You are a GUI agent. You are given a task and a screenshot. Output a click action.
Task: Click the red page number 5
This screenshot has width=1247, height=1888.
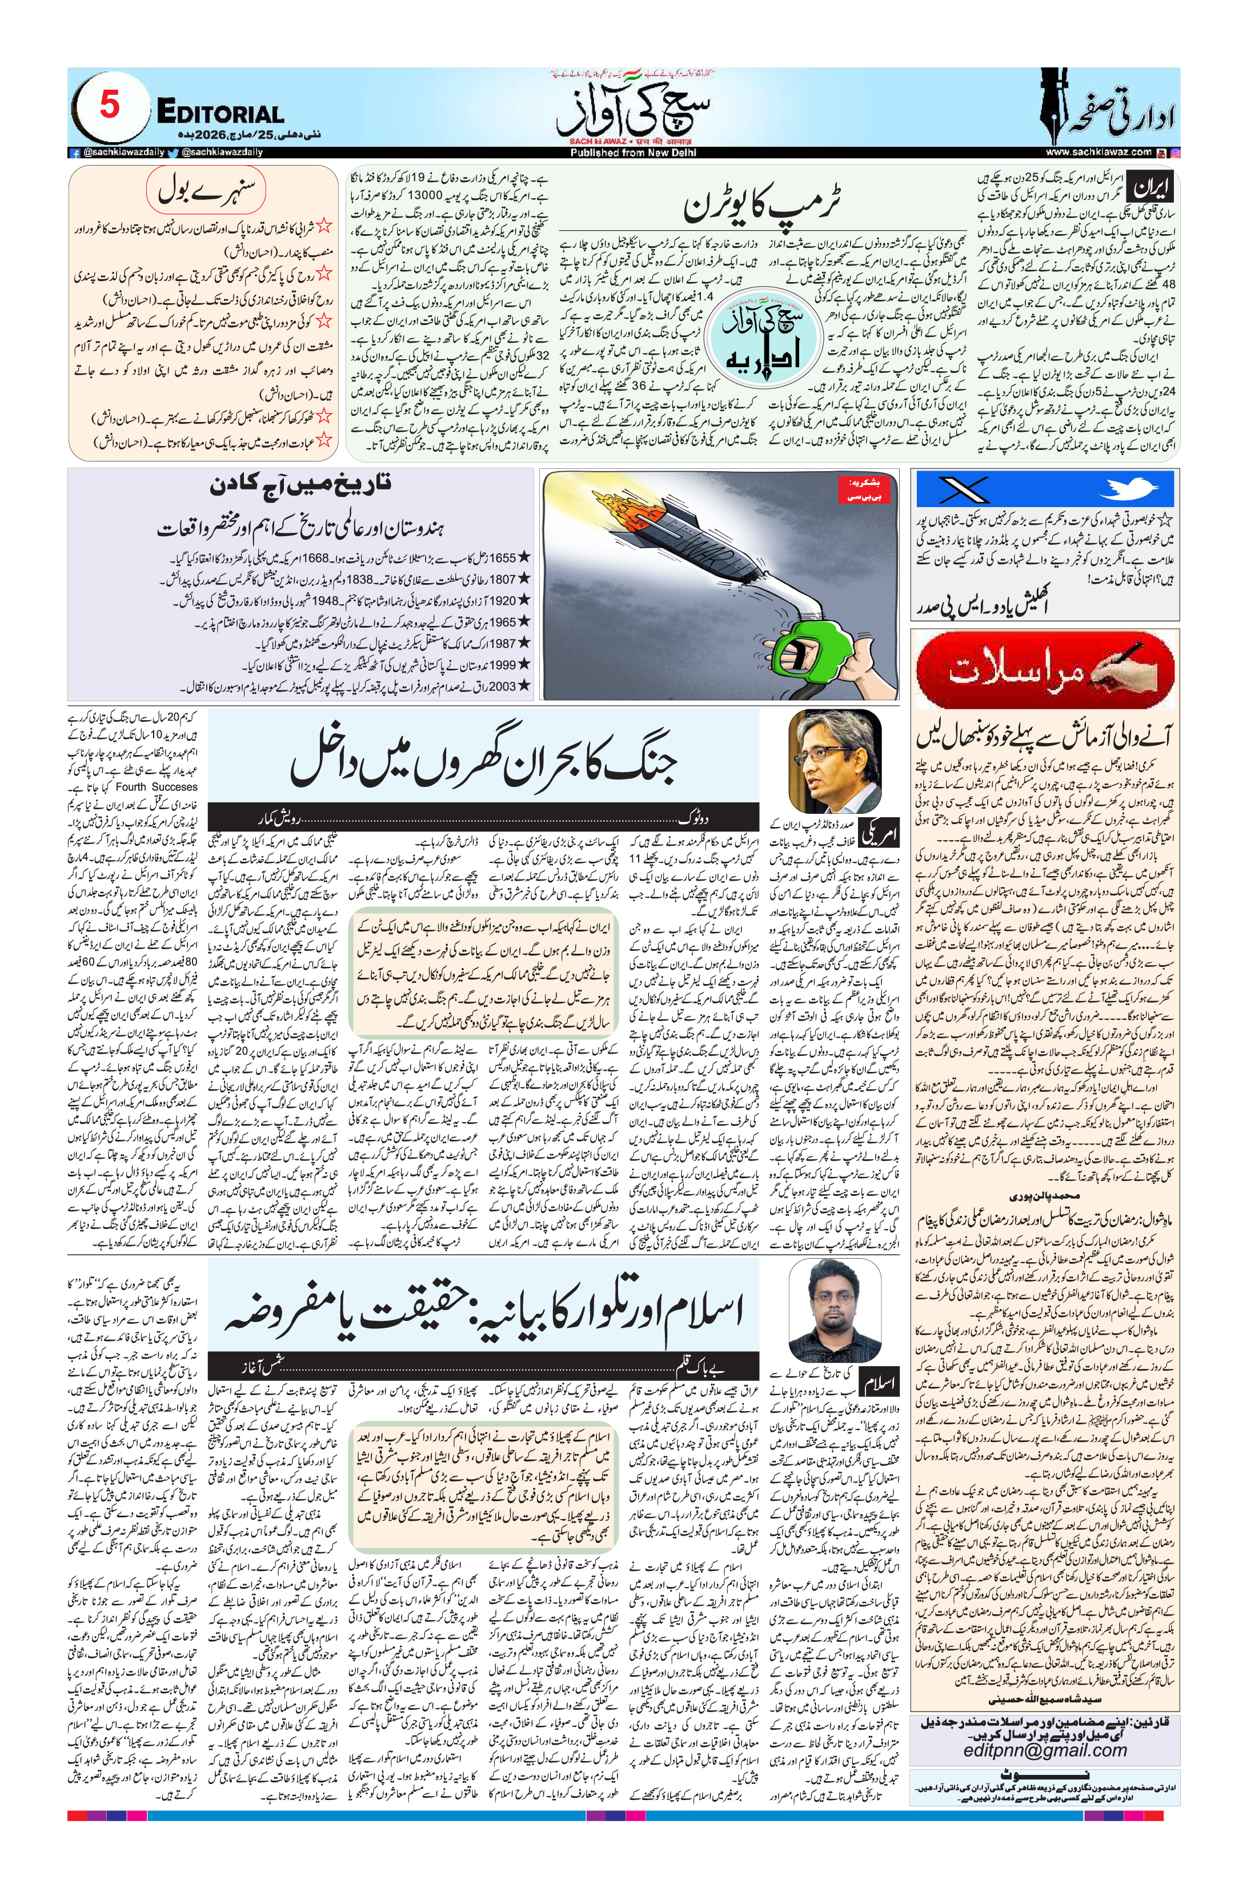coord(110,105)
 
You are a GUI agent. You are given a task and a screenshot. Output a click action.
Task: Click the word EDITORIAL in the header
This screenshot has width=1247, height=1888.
coord(220,114)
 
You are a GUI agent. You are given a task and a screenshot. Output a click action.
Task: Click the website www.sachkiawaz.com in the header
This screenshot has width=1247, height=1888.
coord(1098,152)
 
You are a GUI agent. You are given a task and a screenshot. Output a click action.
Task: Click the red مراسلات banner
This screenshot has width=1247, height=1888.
coord(1044,670)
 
